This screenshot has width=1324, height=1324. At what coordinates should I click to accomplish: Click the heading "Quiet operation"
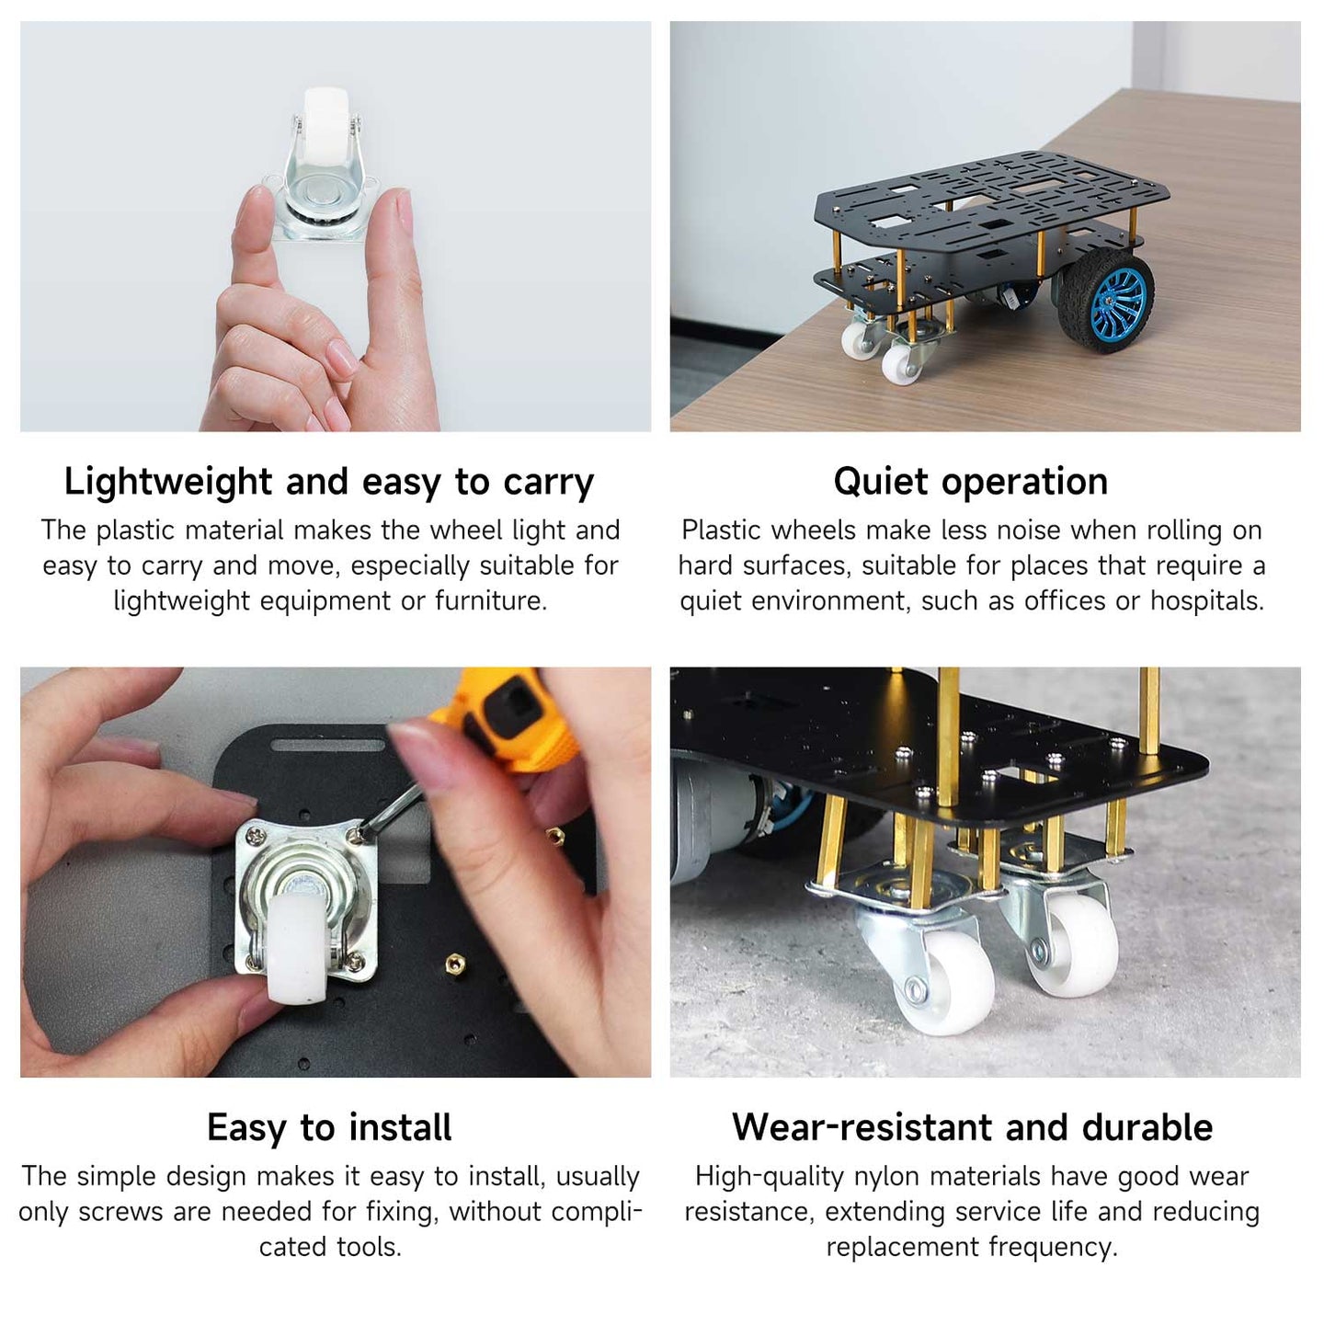click(970, 481)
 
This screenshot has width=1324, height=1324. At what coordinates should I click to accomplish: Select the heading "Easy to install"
click(329, 1127)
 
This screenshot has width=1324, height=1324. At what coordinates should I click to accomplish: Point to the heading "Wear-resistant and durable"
click(972, 1127)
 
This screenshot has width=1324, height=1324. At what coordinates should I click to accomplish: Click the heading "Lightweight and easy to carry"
click(329, 482)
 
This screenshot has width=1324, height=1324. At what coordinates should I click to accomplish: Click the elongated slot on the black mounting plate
click(327, 745)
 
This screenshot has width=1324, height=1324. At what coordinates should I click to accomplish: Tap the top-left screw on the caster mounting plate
click(257, 836)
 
